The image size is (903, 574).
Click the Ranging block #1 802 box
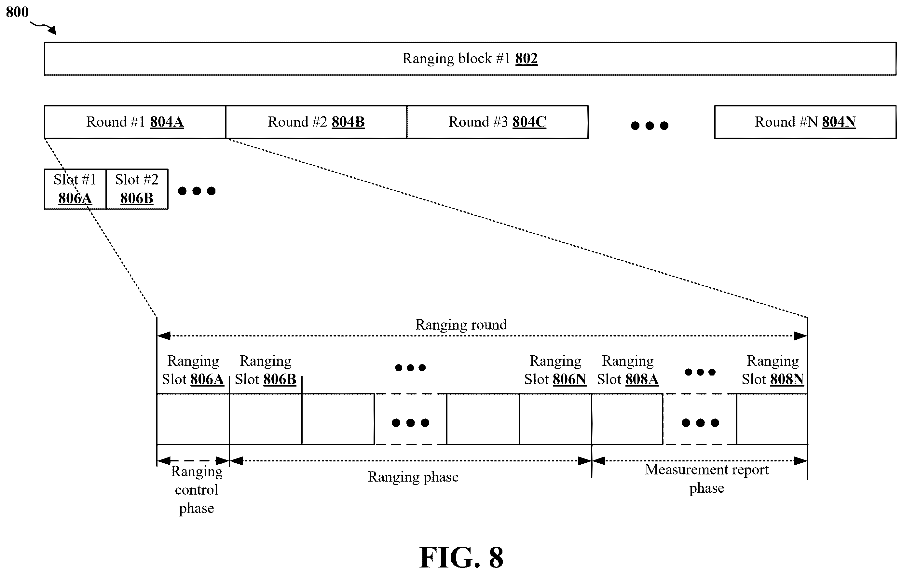(470, 59)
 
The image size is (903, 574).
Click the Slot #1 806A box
(75, 189)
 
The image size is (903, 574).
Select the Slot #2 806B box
(137, 189)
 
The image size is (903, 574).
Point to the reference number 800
(17, 12)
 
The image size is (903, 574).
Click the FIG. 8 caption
(461, 557)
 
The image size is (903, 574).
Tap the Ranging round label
(461, 325)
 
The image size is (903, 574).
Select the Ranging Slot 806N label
(555, 370)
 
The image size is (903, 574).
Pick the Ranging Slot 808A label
(628, 370)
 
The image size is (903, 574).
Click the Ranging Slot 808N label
(773, 370)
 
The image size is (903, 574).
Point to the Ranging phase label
(413, 477)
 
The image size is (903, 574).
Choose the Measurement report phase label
(707, 479)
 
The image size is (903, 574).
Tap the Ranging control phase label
(197, 490)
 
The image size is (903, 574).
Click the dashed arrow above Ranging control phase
(193, 461)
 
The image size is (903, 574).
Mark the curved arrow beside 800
(44, 28)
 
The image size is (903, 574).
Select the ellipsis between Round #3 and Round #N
(650, 126)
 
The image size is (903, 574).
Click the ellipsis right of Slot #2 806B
(197, 191)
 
